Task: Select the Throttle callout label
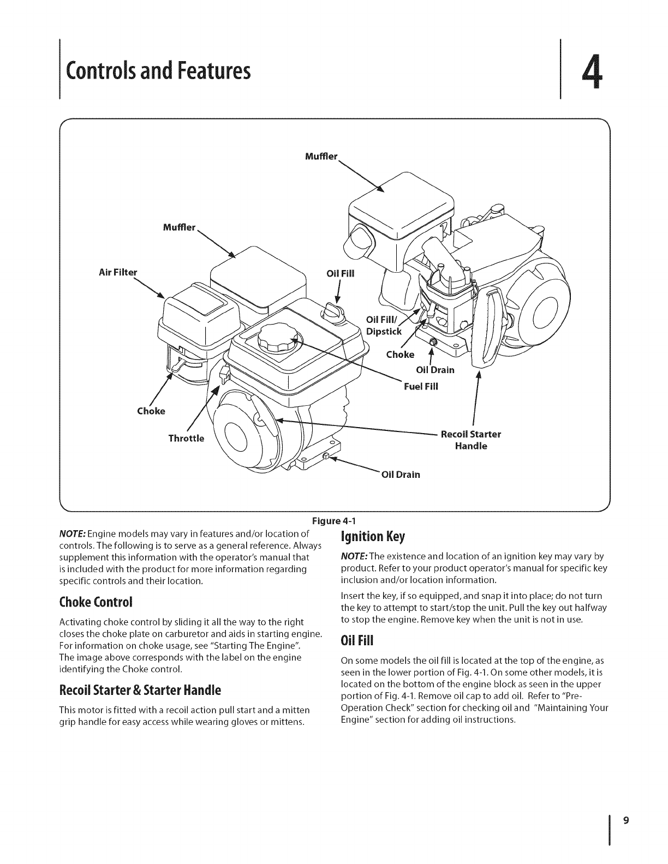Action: tap(186, 438)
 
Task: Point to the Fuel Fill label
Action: tap(421, 387)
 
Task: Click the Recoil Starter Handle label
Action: tap(471, 440)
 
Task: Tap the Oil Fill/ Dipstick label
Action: tap(384, 326)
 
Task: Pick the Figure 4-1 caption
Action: tap(333, 519)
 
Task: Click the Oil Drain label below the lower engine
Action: tap(401, 474)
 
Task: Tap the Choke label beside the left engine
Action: tap(151, 411)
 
